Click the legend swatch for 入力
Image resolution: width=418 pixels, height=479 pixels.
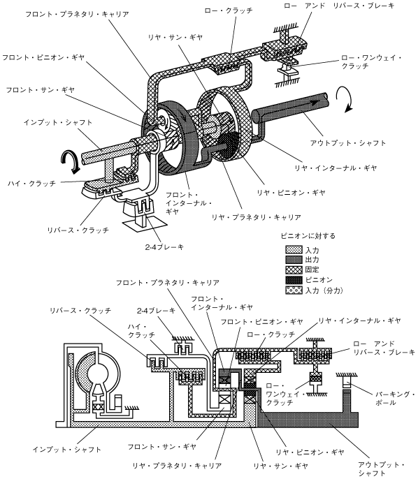(x=294, y=249)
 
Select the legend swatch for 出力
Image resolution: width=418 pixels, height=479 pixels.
(x=294, y=260)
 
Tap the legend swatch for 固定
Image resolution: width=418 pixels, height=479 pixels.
(x=294, y=270)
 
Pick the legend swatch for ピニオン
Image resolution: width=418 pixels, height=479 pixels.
(x=294, y=280)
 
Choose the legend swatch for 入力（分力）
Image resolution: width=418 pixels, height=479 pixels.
(x=294, y=290)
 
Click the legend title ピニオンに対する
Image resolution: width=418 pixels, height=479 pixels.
(x=308, y=236)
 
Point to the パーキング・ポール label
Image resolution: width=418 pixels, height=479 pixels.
(x=395, y=398)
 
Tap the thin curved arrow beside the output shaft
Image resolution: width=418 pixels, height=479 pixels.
(x=345, y=98)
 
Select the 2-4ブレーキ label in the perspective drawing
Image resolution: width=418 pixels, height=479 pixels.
(x=164, y=247)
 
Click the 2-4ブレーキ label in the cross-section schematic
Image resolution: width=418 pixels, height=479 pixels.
(x=157, y=311)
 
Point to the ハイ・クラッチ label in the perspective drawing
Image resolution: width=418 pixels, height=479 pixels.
(x=31, y=183)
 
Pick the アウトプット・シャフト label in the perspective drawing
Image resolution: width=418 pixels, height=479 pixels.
(x=348, y=143)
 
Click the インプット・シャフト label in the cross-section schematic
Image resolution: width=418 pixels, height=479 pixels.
(x=67, y=450)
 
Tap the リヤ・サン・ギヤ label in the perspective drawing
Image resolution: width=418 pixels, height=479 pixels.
(x=175, y=37)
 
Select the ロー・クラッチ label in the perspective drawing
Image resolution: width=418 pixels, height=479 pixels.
(x=229, y=10)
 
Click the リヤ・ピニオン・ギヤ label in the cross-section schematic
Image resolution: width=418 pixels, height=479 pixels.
(x=310, y=452)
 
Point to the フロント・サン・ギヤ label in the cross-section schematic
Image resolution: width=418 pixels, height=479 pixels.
(x=161, y=447)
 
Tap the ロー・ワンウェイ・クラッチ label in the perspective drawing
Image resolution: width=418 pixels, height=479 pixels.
(x=371, y=61)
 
